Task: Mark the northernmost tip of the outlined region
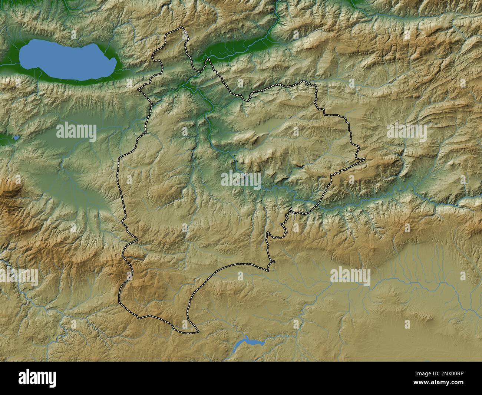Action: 182,28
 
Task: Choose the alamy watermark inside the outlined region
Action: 241,180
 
